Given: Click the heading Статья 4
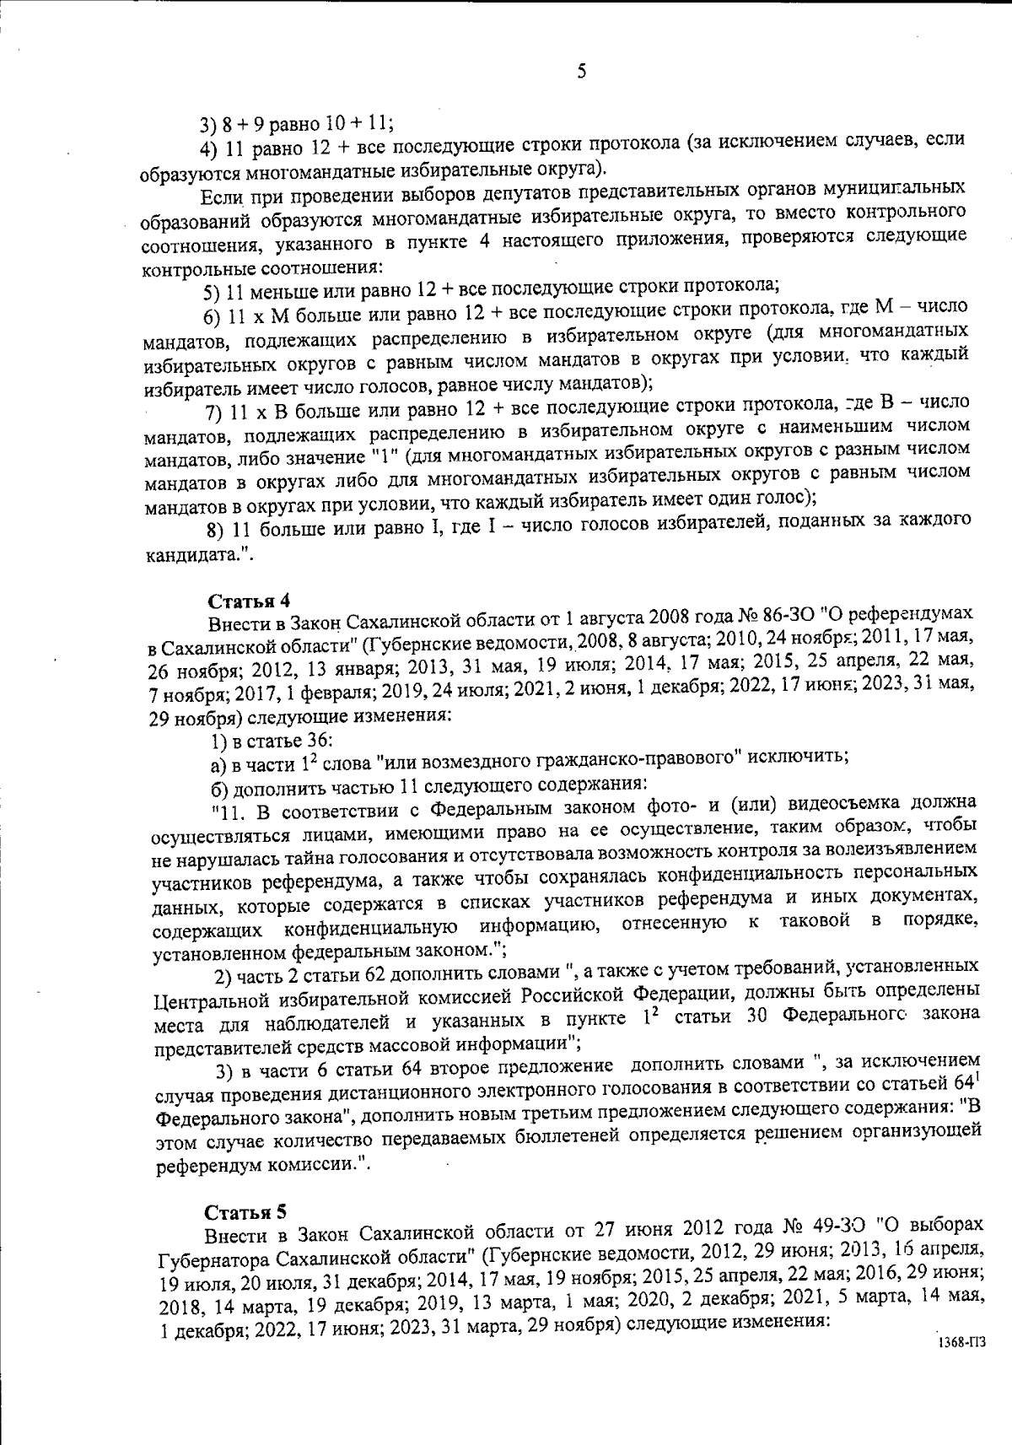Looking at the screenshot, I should (x=249, y=601).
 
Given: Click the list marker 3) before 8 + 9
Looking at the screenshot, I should (x=208, y=125).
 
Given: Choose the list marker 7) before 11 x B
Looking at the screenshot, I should (x=213, y=413).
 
